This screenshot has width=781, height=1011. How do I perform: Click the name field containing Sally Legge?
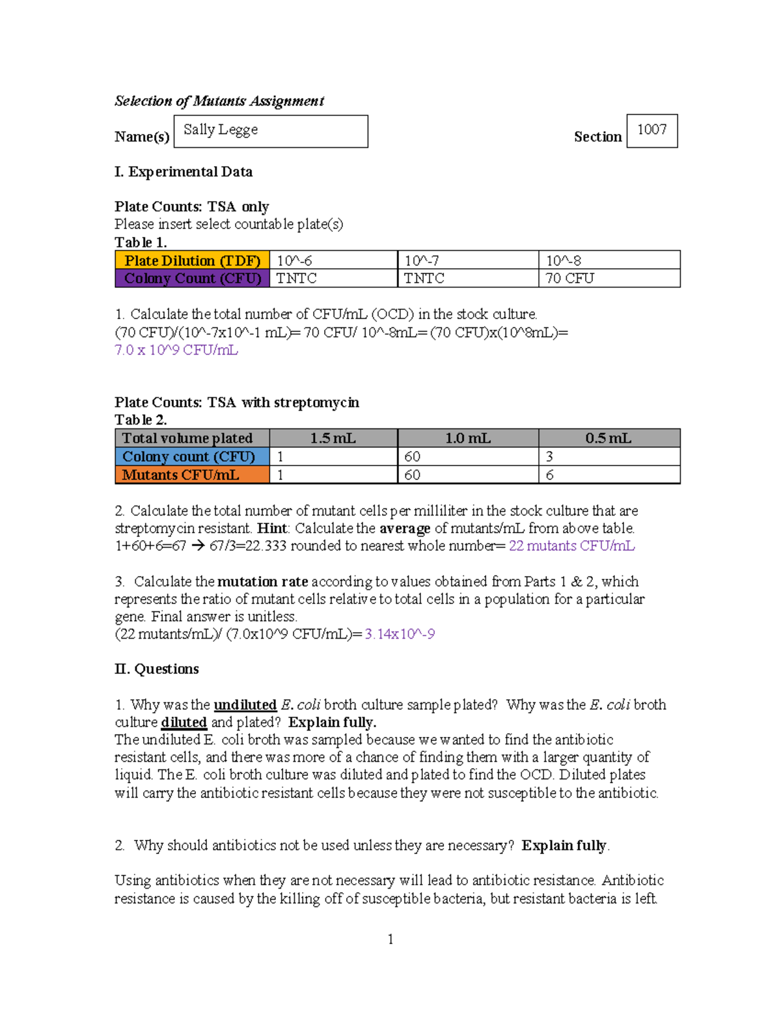271,131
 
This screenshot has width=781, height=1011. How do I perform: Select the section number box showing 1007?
651,130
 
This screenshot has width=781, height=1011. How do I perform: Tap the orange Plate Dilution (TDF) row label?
192,260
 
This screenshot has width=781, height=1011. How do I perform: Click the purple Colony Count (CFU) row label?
192,278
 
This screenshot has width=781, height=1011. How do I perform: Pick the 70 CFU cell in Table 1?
609,278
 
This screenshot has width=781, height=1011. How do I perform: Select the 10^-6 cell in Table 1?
333,260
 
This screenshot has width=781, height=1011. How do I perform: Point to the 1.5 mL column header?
333,438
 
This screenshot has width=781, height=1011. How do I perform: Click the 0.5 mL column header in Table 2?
609,438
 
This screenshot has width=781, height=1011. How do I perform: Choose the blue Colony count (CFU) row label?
192,456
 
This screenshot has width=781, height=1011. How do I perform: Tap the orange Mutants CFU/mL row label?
192,475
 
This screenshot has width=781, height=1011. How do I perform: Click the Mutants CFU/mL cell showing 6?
609,475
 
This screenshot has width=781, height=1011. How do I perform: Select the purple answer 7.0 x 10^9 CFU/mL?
176,350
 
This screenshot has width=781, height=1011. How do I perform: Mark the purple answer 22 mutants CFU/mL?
571,546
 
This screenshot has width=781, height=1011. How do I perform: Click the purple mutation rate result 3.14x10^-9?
400,633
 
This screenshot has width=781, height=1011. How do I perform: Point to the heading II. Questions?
157,669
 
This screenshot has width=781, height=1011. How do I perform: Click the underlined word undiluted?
245,704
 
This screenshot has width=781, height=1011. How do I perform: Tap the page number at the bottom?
390,939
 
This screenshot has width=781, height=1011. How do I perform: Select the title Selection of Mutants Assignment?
219,101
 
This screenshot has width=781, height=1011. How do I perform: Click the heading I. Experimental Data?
184,172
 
